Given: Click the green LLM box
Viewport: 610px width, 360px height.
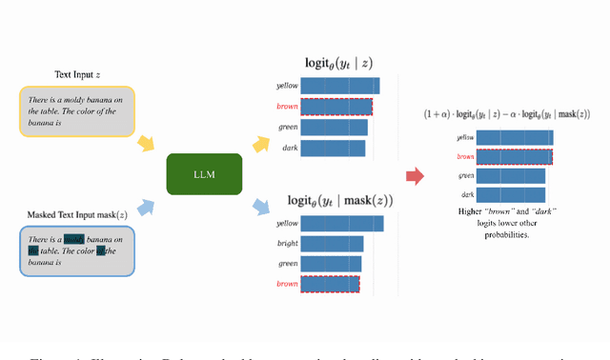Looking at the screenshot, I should pyautogui.click(x=204, y=174).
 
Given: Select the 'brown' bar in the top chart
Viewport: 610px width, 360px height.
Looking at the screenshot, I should pyautogui.click(x=336, y=107).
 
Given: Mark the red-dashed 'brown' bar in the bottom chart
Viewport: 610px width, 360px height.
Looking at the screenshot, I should pyautogui.click(x=330, y=284).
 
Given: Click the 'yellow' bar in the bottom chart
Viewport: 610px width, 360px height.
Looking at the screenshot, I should pyautogui.click(x=342, y=224).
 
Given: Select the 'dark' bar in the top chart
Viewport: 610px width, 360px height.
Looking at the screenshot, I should pyautogui.click(x=333, y=148).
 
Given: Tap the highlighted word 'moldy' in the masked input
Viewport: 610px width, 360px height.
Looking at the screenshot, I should pyautogui.click(x=74, y=239).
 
